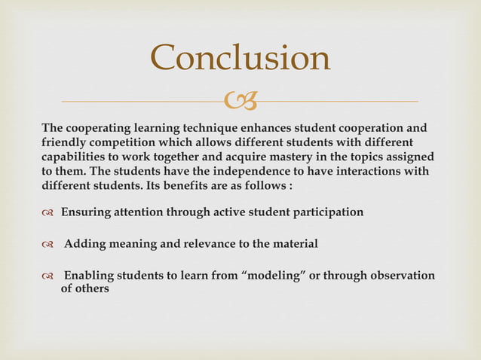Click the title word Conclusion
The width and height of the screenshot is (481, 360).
(240, 58)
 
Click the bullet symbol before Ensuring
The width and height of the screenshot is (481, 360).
(48, 212)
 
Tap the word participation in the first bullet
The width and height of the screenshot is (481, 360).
(323, 212)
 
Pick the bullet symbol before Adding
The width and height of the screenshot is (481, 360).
(48, 244)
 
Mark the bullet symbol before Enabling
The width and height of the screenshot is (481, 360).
(48, 276)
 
